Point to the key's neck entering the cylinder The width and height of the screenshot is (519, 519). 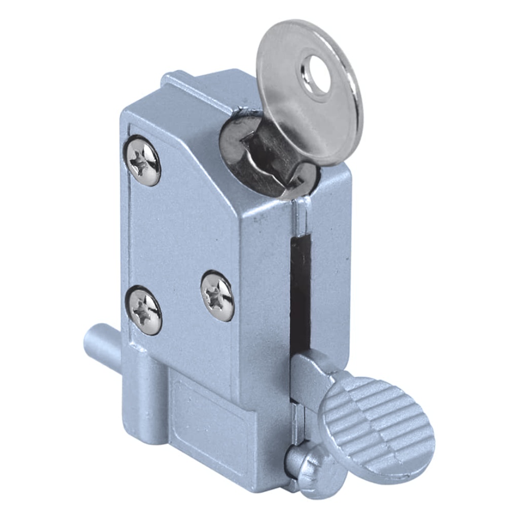[274, 152]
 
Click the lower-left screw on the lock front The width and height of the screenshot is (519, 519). [144, 310]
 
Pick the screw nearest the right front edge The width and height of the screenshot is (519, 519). [217, 296]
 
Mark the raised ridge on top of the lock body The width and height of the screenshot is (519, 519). [203, 86]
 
